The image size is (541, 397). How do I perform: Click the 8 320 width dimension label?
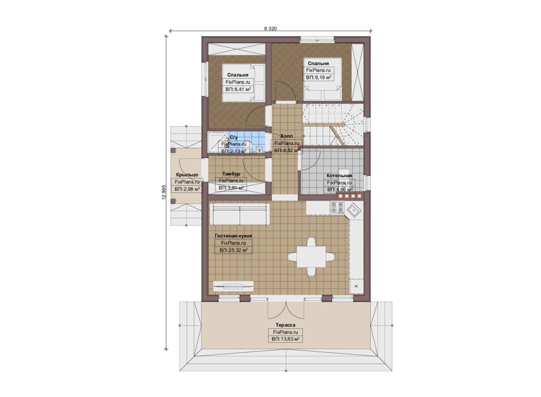(270, 29)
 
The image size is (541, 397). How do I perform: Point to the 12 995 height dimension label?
(164, 192)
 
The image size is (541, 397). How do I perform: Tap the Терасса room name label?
(286, 325)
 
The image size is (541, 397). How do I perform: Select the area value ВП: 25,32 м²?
(233, 250)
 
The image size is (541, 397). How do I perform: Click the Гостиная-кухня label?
(233, 236)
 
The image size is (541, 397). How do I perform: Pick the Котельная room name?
(340, 175)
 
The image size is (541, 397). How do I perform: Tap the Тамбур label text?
(231, 174)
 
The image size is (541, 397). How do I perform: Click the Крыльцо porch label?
(187, 175)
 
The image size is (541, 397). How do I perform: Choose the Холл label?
(286, 136)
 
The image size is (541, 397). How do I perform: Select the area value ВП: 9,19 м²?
(319, 78)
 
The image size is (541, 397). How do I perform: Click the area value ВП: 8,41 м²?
(238, 89)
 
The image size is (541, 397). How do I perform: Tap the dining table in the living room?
(311, 257)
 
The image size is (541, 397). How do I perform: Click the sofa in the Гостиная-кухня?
(240, 214)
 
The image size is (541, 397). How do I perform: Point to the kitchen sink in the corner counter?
(354, 210)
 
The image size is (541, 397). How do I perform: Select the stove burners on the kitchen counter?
(337, 207)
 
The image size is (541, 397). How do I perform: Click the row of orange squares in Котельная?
(350, 196)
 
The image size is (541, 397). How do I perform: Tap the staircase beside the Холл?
(333, 124)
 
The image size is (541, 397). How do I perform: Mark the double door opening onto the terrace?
(286, 310)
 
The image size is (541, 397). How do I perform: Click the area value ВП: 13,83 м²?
(286, 339)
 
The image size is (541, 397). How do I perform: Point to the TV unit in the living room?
(233, 287)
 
